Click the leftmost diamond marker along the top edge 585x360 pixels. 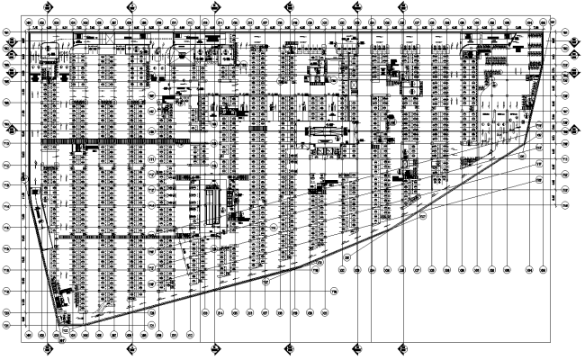coord(130,5)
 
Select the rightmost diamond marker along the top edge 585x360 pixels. coord(402,5)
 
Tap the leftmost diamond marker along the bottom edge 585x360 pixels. coord(130,347)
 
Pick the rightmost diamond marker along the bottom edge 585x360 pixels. coord(402,347)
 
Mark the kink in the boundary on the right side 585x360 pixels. coord(527,141)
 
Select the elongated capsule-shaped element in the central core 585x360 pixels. coord(325,132)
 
